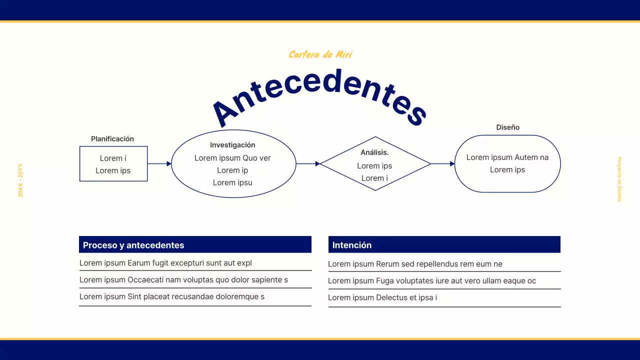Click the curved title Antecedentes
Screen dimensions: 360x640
[320, 92]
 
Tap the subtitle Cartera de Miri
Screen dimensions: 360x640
[320, 54]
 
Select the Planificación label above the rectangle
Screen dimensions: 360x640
[112, 139]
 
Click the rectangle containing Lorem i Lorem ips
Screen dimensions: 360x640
[113, 164]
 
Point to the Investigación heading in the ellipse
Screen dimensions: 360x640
[232, 145]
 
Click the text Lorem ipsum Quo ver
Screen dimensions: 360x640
[232, 158]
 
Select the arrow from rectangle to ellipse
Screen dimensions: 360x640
[159, 163]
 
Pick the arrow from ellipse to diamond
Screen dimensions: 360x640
[308, 163]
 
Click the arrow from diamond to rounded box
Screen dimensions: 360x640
[442, 163]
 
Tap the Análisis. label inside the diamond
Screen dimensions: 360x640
[374, 152]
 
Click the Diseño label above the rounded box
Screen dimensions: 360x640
[507, 127]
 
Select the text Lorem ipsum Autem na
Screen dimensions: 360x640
[507, 157]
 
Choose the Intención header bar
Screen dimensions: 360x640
[444, 245]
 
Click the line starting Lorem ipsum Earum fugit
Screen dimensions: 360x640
[165, 263]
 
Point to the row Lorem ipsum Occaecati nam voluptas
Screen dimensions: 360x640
[183, 280]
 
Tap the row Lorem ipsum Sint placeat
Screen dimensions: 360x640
[172, 296]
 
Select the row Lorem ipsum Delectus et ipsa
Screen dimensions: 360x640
[382, 297]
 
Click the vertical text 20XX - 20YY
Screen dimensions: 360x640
[20, 180]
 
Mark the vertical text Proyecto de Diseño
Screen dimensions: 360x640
[619, 179]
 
